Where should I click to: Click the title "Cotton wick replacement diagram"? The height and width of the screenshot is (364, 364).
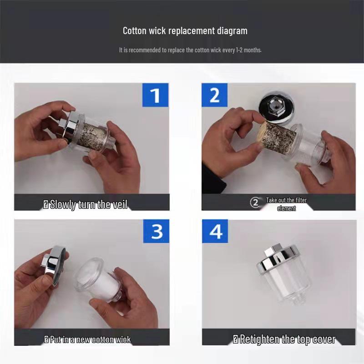(x=185, y=31)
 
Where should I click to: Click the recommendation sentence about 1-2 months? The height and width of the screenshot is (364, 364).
(x=190, y=50)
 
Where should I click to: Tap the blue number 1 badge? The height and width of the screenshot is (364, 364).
(x=155, y=95)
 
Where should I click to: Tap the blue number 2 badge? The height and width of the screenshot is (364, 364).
(x=214, y=95)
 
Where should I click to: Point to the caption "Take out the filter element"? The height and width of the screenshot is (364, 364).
(x=286, y=204)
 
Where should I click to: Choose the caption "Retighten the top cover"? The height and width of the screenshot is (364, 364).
(x=284, y=339)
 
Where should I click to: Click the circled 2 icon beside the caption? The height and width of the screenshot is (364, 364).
(x=255, y=203)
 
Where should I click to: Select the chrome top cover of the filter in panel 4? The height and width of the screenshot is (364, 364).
(x=277, y=257)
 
